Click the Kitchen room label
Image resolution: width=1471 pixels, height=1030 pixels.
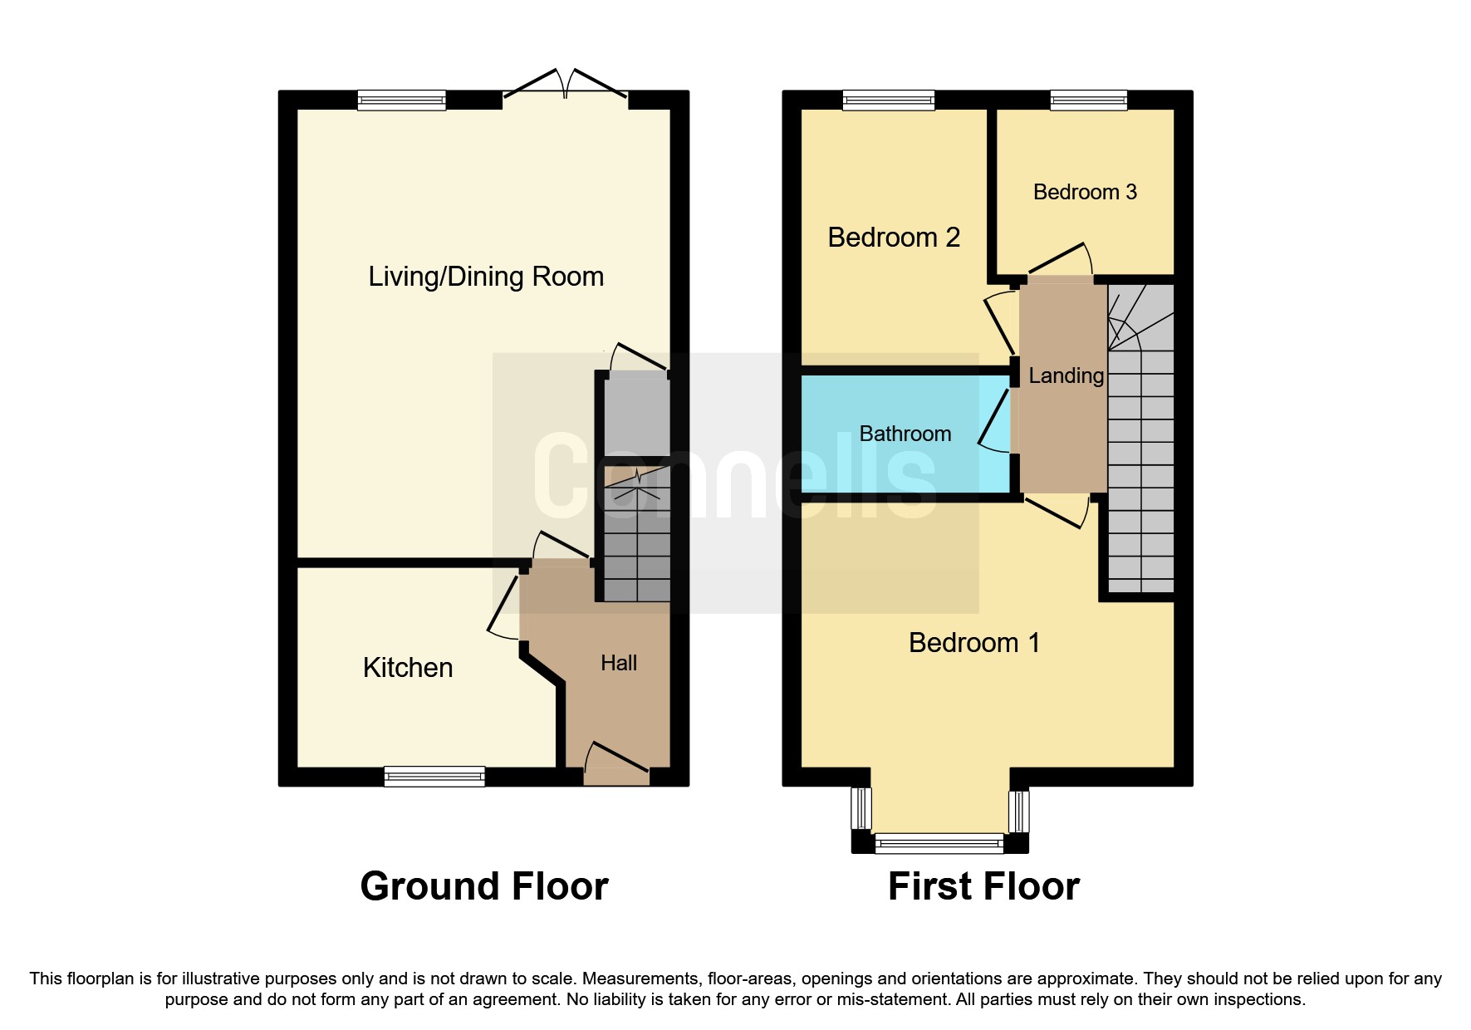coord(407,668)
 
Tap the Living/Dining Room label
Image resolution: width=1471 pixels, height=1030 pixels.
coord(486,277)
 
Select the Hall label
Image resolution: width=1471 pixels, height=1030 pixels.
coord(619,663)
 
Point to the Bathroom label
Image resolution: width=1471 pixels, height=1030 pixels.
coord(905,434)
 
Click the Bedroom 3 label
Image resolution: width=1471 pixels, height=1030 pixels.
coord(1084,192)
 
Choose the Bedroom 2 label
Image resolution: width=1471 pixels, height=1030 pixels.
coord(894,238)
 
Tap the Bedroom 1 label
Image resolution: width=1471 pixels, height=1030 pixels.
coord(973,643)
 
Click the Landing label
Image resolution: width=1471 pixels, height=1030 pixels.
coord(1066,375)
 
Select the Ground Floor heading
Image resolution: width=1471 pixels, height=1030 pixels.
coord(484,886)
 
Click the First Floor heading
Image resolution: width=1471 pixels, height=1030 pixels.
coord(983,886)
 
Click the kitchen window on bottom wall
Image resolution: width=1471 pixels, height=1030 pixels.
coord(434,777)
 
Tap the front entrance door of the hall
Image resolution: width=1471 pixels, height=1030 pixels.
coord(616,766)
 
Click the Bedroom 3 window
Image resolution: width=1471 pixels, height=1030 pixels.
coord(1088,101)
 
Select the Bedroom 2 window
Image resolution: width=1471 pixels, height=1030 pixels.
coord(888,101)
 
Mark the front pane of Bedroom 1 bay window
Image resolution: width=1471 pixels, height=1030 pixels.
coord(939,844)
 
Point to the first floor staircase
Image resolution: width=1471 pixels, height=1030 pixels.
coord(1140,465)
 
